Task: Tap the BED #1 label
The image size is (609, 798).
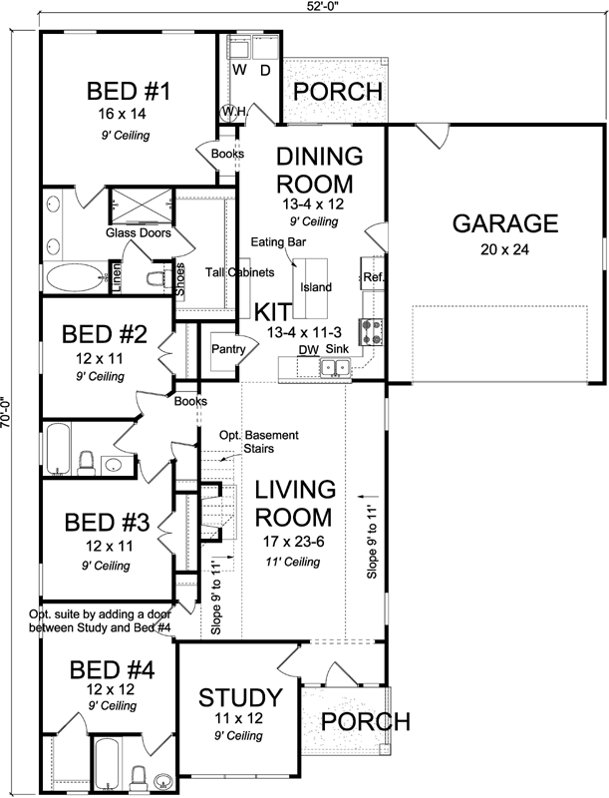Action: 130,92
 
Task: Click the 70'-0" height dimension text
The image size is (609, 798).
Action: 7,399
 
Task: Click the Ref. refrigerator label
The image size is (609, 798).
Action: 374,276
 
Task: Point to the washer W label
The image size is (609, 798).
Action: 240,71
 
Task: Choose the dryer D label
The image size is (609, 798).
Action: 265,71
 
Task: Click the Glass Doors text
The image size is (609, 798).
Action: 139,232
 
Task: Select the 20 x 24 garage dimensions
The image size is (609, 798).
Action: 504,249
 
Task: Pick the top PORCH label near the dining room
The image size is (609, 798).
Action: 337,92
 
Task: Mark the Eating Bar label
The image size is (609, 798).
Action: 278,241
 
